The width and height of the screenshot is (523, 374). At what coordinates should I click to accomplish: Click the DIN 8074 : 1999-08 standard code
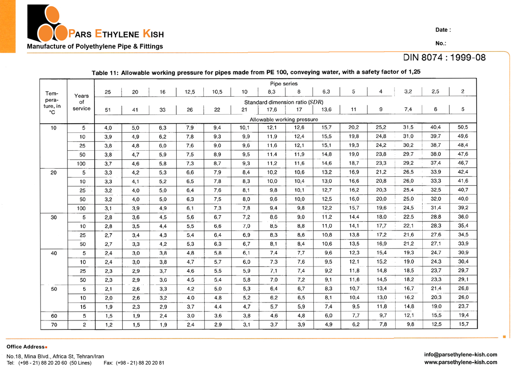pos(444,58)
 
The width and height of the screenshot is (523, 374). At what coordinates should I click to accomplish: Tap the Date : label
pos(443,30)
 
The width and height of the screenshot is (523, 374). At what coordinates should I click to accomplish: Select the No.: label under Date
pos(441,44)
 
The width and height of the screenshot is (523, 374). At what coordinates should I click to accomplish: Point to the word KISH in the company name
pos(153,34)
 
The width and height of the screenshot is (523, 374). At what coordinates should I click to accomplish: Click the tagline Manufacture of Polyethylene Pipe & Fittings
pos(95,46)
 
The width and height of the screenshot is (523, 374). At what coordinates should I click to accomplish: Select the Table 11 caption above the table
pos(256,72)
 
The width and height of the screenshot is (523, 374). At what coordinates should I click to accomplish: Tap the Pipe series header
pos(284,84)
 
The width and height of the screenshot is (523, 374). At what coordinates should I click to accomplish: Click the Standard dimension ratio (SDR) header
pos(284,102)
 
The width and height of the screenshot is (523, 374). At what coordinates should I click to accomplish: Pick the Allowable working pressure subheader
pos(284,119)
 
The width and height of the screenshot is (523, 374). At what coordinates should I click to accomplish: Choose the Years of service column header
pos(81,102)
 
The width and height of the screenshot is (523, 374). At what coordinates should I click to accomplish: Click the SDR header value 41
pos(135,109)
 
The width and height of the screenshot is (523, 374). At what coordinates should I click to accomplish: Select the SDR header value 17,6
pos(272,109)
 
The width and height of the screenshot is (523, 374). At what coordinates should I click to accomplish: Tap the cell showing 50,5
pos(463,127)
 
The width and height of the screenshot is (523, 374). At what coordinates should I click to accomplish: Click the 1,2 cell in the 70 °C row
pos(108,324)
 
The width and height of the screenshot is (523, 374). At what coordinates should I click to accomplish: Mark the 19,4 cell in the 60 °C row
pos(463,316)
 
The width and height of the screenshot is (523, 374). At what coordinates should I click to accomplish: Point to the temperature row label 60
pos(54,316)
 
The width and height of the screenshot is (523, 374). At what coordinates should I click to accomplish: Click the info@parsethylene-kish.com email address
pos(460,355)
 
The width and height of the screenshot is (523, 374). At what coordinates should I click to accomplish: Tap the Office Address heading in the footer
pos(26,347)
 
